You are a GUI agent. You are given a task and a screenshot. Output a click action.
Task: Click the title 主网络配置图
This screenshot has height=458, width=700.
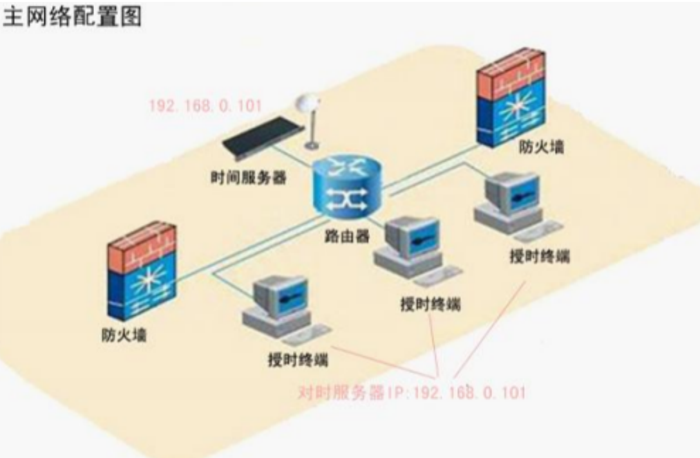[x=72, y=17]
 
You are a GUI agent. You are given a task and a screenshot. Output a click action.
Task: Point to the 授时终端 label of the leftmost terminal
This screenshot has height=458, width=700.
[x=298, y=360]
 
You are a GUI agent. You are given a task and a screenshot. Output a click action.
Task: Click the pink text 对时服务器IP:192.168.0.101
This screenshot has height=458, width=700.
[x=412, y=392]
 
